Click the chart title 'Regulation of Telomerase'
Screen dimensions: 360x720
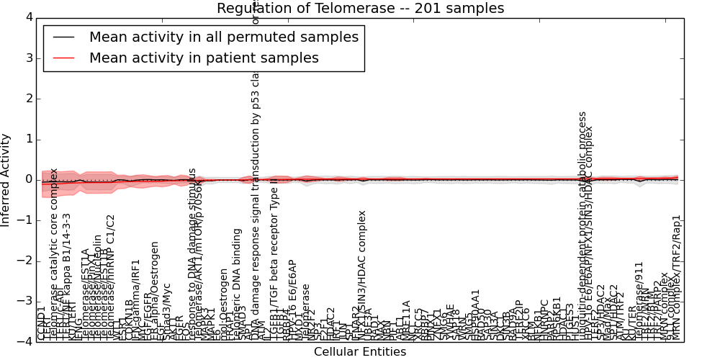coord(360,8)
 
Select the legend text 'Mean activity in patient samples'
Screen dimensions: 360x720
coord(204,58)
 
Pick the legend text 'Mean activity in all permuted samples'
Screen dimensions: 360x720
coord(224,37)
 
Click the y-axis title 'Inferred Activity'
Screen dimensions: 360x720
coord(6,179)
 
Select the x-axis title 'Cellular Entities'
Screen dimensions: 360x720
coord(360,352)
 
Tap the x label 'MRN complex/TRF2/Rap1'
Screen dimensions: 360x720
coord(676,277)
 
